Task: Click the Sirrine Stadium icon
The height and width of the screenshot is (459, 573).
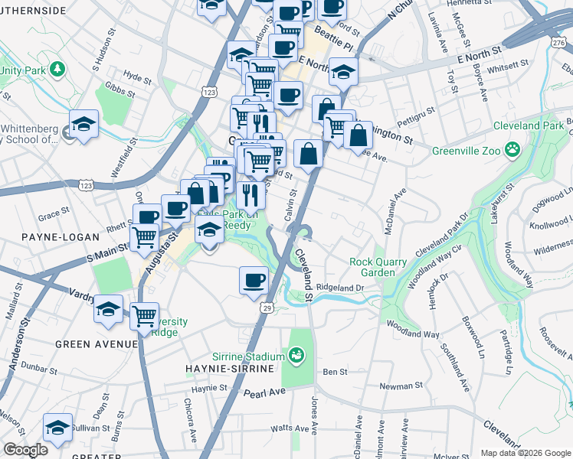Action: [297, 356]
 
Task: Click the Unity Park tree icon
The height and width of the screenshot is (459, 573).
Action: [57, 70]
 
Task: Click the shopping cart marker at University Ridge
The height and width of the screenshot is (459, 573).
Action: [144, 314]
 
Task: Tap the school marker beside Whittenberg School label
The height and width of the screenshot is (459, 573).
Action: [83, 125]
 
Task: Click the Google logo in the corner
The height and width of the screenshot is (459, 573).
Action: [25, 450]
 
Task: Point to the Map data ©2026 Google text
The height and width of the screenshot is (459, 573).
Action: [525, 453]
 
